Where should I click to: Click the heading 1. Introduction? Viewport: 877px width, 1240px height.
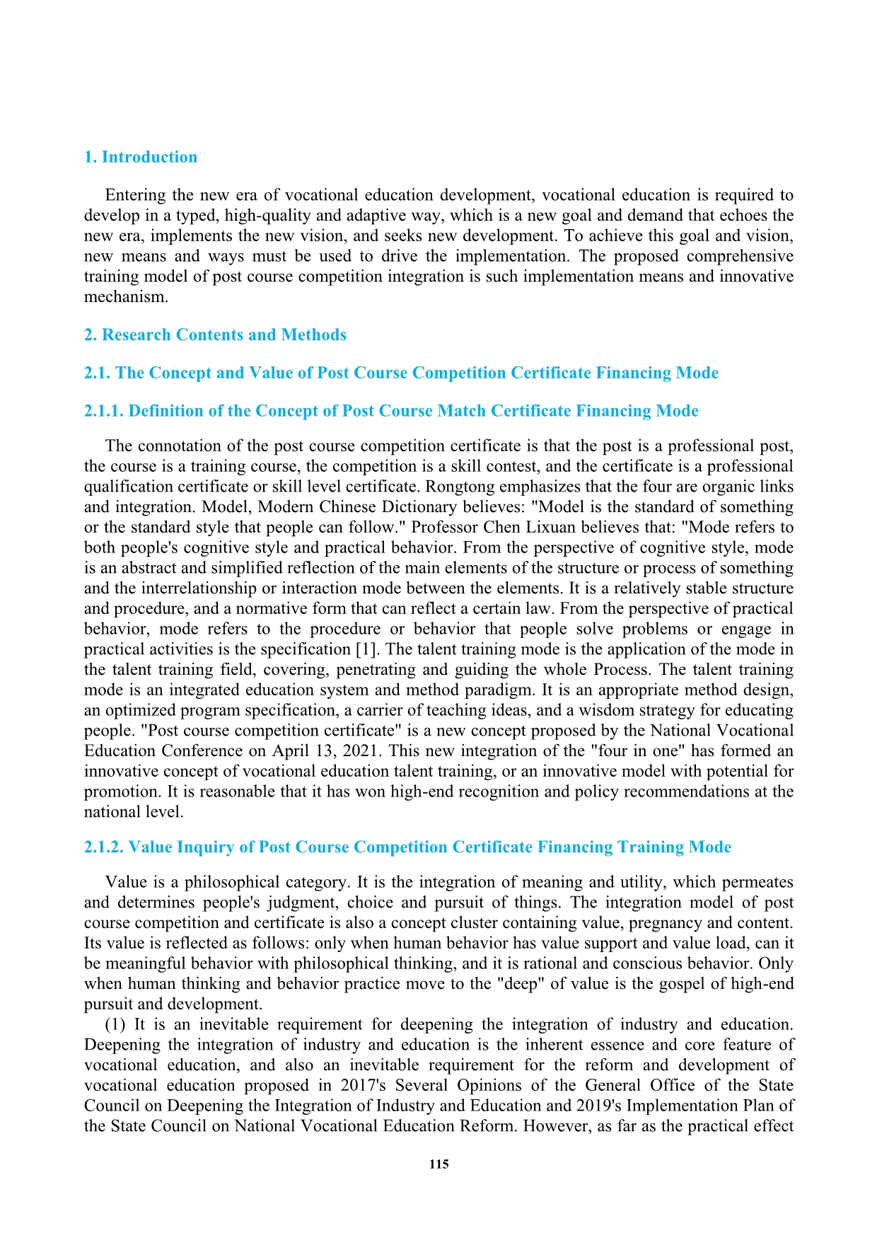click(x=141, y=157)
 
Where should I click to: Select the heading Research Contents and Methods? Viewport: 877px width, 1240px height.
click(x=224, y=335)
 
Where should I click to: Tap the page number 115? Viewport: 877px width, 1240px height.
click(x=438, y=1164)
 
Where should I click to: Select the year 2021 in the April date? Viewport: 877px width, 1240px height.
click(x=360, y=751)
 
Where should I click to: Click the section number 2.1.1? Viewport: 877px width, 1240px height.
click(x=104, y=411)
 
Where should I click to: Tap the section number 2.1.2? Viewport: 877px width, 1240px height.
click(x=104, y=847)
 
